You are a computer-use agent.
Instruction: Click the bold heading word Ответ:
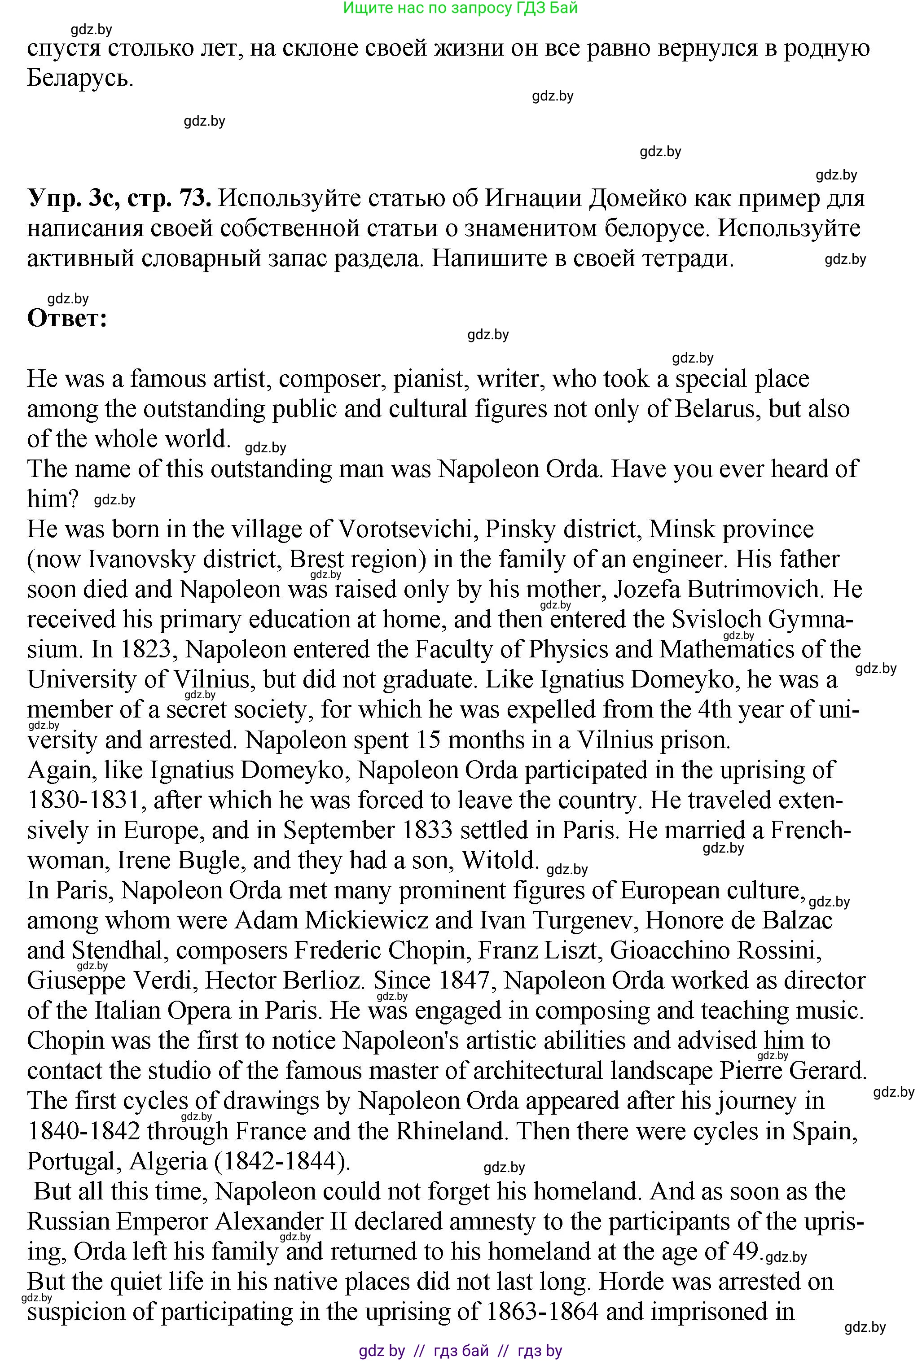coord(67,319)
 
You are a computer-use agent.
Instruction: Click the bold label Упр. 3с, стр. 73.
coord(119,198)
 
